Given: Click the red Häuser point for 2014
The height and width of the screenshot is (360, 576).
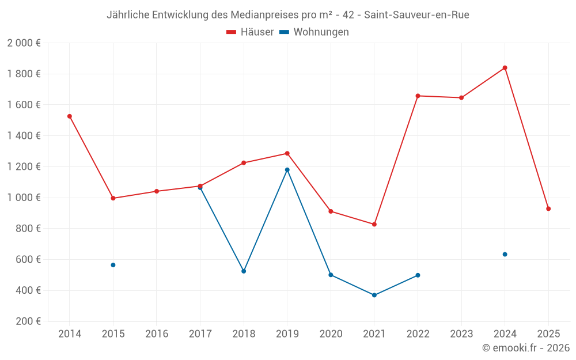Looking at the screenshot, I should click(x=70, y=116).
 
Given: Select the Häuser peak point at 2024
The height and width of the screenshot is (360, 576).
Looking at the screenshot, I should click(x=505, y=68).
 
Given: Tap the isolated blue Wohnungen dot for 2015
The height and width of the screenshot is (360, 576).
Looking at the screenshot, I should click(x=113, y=265).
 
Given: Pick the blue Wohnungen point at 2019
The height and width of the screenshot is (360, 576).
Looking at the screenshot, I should click(x=287, y=170).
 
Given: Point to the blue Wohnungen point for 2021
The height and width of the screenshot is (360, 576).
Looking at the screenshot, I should click(x=374, y=295).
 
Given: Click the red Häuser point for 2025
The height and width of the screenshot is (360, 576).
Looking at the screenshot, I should click(x=548, y=209).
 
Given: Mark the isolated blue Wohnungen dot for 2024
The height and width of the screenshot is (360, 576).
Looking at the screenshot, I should click(x=505, y=254).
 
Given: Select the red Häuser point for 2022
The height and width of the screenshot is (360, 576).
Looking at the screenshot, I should click(x=418, y=96).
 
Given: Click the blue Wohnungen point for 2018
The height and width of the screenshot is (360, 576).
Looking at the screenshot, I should click(x=244, y=271).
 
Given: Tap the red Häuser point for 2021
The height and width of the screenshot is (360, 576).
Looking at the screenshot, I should click(x=374, y=224).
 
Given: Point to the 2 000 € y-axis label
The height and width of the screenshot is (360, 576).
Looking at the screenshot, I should click(x=24, y=43).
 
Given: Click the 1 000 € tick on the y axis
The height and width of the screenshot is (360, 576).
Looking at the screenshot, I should click(x=24, y=198).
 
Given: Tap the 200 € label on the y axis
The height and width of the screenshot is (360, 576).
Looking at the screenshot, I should click(x=28, y=321).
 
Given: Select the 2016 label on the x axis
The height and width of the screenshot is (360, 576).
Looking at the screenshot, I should click(x=157, y=334).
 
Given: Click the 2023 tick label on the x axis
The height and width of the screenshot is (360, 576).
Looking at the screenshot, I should click(x=461, y=334).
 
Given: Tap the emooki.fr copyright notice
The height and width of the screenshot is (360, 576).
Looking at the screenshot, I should click(x=525, y=348).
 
